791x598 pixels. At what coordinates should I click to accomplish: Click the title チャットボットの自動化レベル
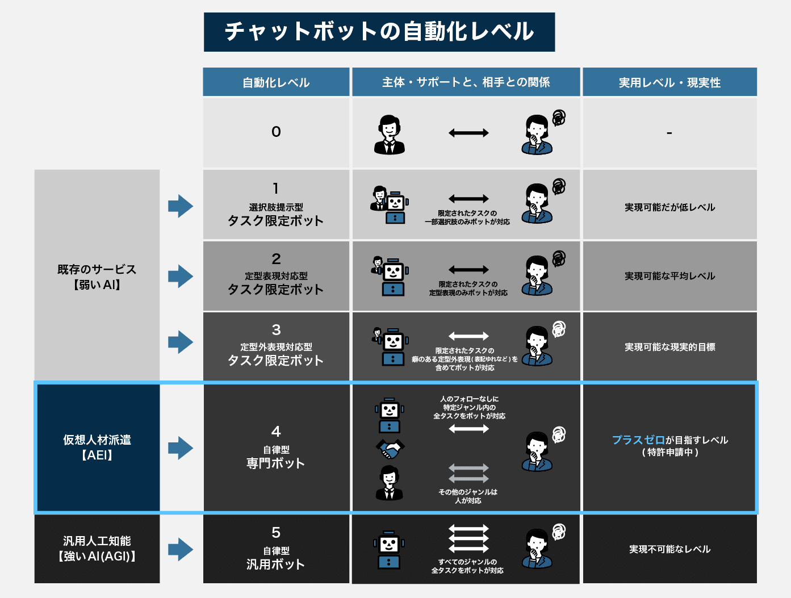tap(379, 32)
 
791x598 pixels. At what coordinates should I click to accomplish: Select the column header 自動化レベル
tap(276, 82)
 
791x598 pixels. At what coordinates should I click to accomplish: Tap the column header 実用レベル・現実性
tap(669, 82)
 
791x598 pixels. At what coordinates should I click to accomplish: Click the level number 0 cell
tap(276, 132)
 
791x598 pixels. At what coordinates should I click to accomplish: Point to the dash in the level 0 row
tap(669, 133)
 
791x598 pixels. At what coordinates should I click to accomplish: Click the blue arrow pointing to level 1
tap(181, 206)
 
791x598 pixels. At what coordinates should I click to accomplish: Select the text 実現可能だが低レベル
tap(669, 207)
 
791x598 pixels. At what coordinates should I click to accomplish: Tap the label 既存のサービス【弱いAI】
tap(97, 277)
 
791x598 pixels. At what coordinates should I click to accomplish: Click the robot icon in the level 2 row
tap(393, 278)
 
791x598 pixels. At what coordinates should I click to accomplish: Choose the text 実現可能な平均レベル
tap(669, 276)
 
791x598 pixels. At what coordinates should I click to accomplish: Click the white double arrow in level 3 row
tap(468, 336)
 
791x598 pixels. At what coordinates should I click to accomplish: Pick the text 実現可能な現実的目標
tap(669, 347)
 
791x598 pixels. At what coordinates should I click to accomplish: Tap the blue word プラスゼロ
tap(638, 440)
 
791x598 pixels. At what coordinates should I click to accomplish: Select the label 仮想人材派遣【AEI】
tap(97, 448)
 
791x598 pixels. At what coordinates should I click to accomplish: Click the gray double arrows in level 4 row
tap(468, 473)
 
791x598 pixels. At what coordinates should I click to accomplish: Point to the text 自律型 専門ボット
tap(276, 457)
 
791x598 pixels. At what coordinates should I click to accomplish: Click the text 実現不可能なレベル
tap(669, 549)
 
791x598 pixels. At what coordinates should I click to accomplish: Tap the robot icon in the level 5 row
tap(389, 550)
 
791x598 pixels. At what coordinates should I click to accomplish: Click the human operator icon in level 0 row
tap(390, 135)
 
